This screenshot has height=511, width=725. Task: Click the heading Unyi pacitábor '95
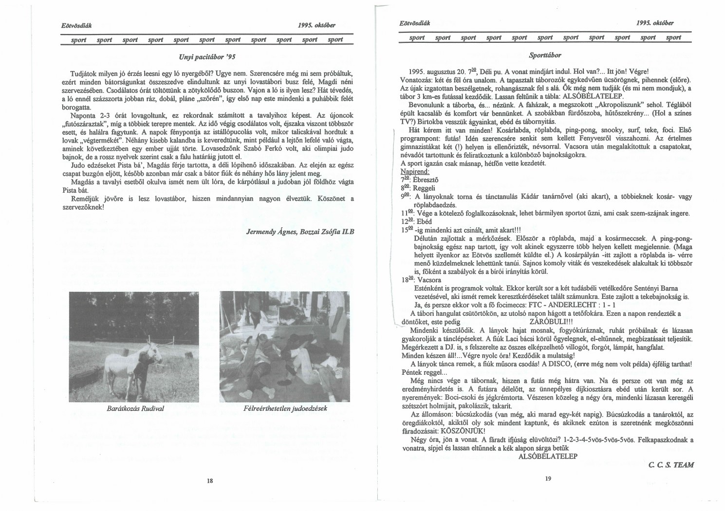(207, 57)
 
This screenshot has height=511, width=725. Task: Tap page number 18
(210, 480)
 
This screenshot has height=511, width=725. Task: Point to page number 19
(547, 479)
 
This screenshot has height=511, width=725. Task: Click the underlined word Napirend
(415, 172)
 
